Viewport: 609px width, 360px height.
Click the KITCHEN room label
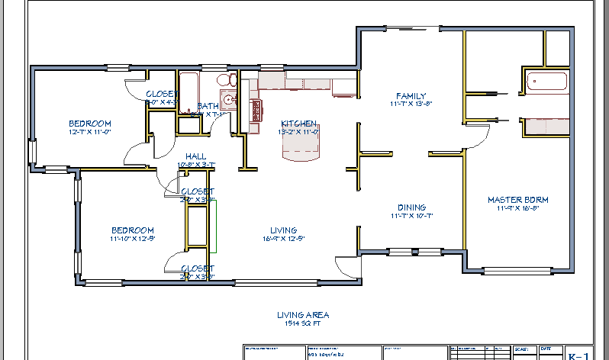(298, 124)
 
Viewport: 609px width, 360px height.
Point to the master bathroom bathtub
(546, 82)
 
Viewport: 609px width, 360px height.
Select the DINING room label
(411, 207)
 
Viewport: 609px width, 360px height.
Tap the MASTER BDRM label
(517, 200)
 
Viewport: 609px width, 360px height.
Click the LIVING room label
(283, 230)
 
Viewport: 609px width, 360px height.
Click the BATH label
(208, 106)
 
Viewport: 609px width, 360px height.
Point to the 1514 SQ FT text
(304, 323)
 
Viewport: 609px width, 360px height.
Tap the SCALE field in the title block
(521, 349)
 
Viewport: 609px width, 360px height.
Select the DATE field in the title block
(546, 349)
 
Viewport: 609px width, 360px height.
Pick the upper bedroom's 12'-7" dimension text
(90, 132)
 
